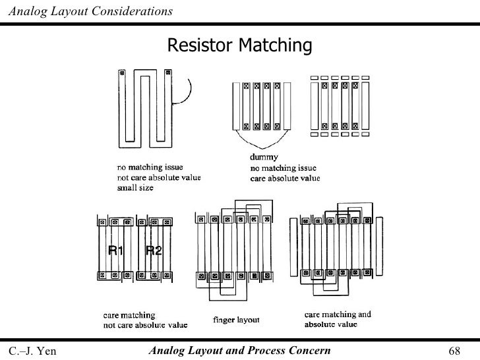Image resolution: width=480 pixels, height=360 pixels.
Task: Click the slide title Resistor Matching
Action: coord(239,45)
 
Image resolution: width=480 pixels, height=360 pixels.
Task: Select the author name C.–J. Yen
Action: coord(32,349)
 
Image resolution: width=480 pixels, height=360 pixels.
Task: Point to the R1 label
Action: coord(117,249)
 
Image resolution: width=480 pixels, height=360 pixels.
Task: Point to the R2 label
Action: coord(154,249)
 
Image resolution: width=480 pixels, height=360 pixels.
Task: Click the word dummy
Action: coord(263,157)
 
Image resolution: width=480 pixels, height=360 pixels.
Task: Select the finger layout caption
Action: coord(236,320)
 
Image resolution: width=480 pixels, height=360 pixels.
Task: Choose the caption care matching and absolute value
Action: coord(337,320)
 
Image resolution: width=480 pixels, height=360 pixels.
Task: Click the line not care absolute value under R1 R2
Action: coord(144,324)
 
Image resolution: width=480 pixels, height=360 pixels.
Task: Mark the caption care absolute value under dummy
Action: coord(284,178)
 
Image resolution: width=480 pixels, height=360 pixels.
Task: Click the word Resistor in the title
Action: coord(200,45)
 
